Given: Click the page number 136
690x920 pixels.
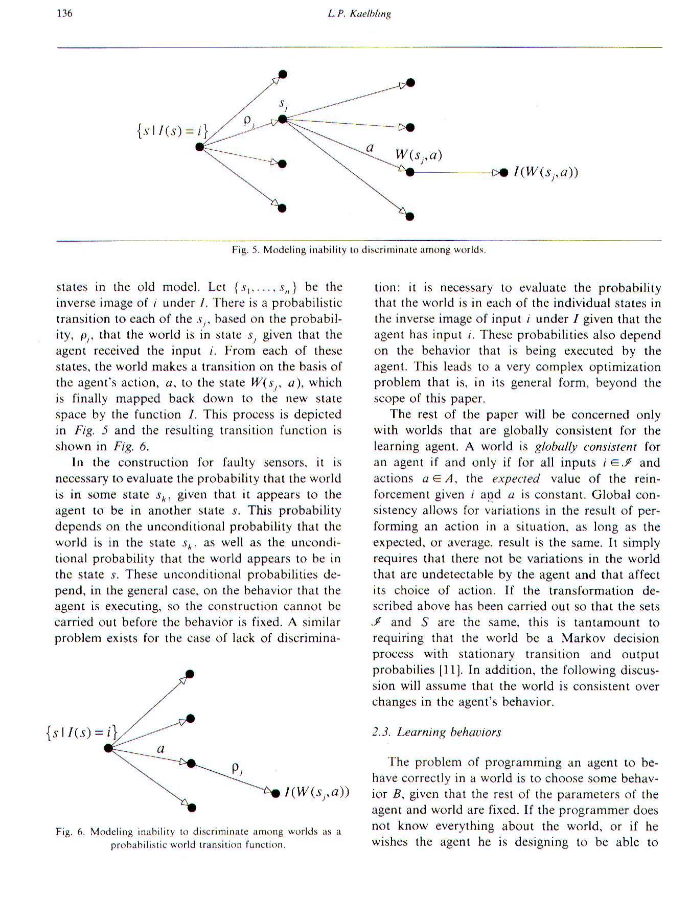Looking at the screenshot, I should pos(64,13).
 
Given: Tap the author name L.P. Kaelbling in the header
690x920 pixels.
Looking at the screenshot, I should pos(359,14).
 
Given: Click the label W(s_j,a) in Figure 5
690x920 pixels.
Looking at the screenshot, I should pos(418,155).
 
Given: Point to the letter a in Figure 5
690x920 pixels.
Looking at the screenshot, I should pos(370,148).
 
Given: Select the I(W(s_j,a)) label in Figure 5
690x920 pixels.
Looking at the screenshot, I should pos(546,172).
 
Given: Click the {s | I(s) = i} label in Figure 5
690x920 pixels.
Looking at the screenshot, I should pos(172,131).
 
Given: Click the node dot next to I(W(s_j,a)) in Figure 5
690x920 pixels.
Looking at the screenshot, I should pos(504,172).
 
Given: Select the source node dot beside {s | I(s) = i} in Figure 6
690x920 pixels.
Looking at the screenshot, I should pos(108,748).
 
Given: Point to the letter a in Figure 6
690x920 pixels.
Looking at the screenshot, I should pos(160,749).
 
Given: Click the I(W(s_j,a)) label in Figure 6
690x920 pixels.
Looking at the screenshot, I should pos(317,792).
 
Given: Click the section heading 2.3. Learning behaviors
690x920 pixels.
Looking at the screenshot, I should pos(436,732).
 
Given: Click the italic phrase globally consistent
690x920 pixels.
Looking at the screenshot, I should pos(586,447).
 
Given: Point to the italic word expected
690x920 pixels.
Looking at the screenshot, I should pos(516,478).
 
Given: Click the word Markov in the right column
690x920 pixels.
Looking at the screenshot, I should pos(584,638).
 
